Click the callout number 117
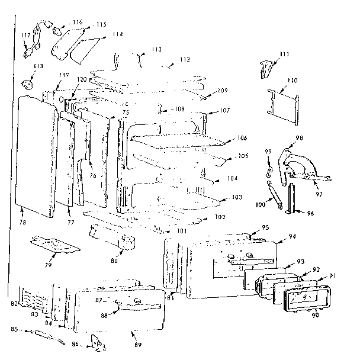[x=25, y=36]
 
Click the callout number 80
[x=114, y=260]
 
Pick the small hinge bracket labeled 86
[x=94, y=342]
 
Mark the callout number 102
[x=220, y=217]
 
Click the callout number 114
[x=117, y=34]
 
